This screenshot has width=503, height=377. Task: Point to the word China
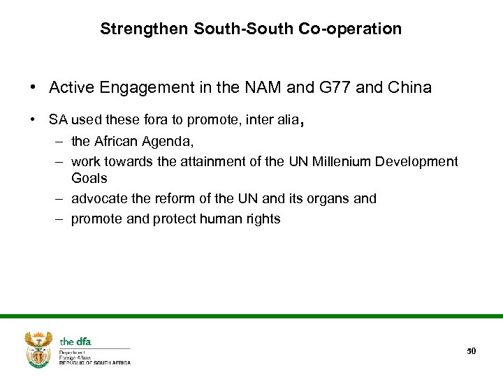click(409, 87)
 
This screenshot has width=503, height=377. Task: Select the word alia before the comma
click(286, 119)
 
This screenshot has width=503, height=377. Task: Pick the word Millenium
click(337, 161)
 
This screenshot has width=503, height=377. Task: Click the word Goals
click(89, 178)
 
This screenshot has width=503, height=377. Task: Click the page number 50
click(472, 350)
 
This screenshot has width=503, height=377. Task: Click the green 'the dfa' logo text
click(75, 341)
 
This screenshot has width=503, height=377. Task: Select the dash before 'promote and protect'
click(57, 219)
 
